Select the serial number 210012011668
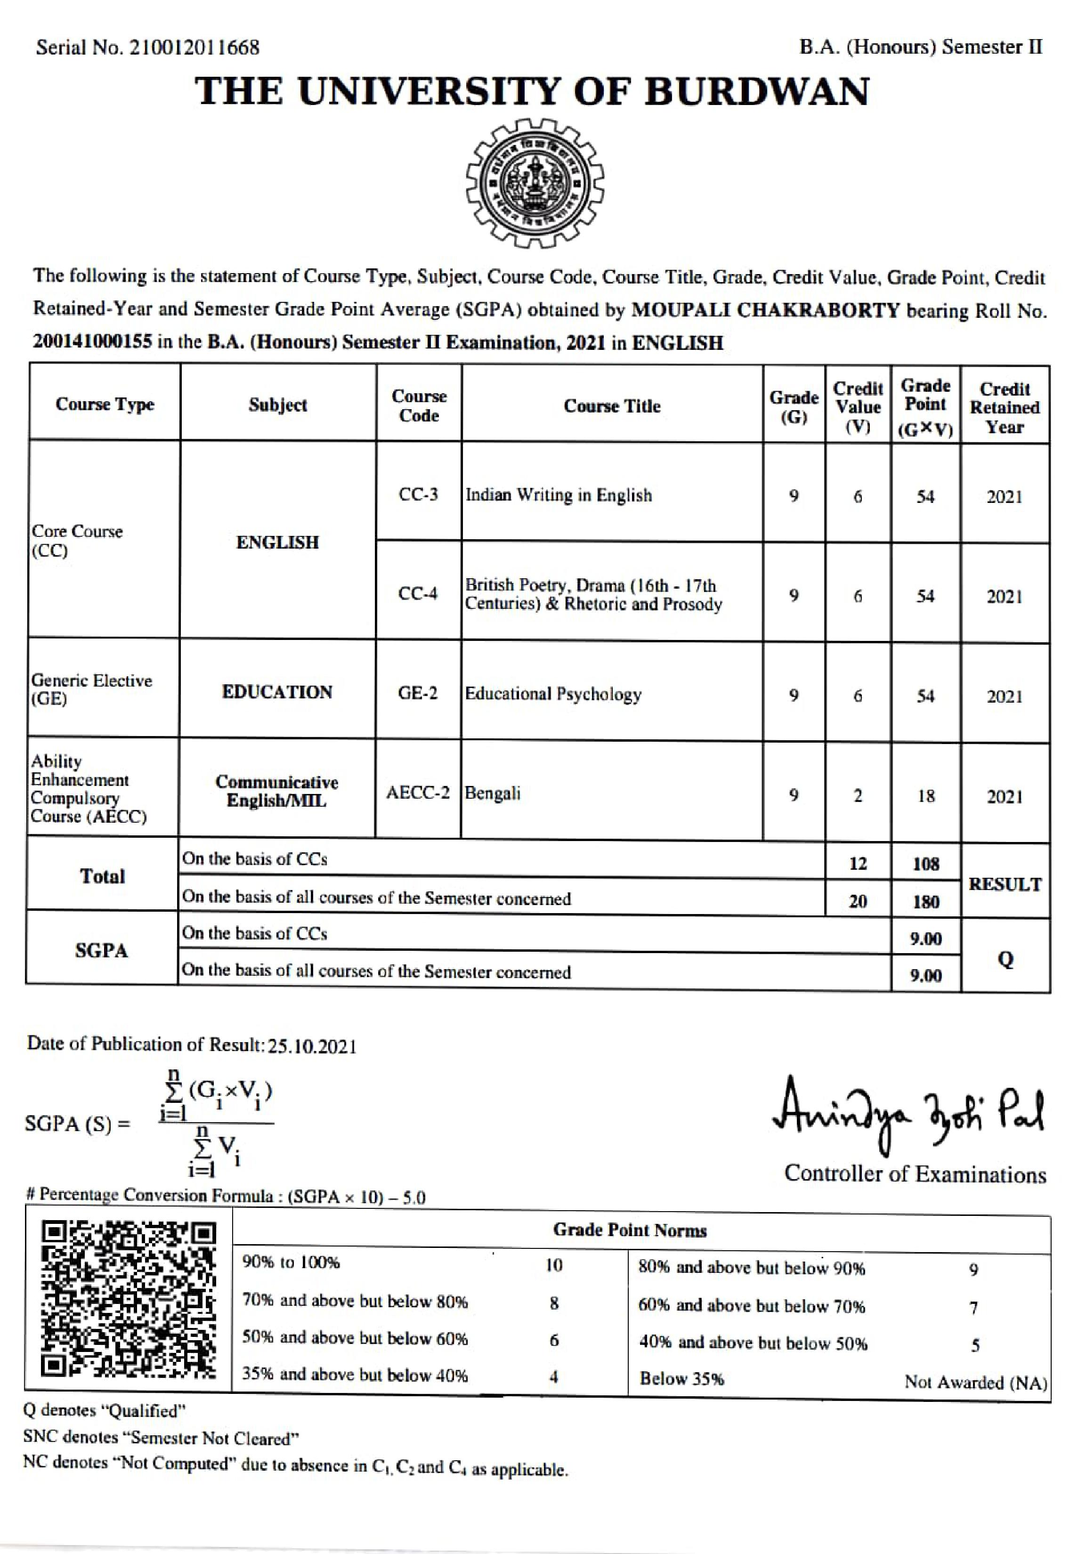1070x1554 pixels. tap(195, 48)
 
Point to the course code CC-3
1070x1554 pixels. tap(418, 495)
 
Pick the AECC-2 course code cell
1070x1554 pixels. tap(418, 793)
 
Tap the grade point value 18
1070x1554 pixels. tap(925, 796)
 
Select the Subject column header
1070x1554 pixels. tap(277, 405)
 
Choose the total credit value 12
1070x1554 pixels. tap(858, 864)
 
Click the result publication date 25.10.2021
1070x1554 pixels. tap(312, 1046)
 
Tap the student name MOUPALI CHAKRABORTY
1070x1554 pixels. tap(765, 310)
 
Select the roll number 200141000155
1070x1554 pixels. tap(92, 342)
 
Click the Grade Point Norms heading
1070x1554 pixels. tap(630, 1230)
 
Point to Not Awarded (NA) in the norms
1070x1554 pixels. tap(975, 1383)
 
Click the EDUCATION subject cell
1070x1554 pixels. tap(277, 692)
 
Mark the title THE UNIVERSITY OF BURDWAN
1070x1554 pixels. tap(532, 91)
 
